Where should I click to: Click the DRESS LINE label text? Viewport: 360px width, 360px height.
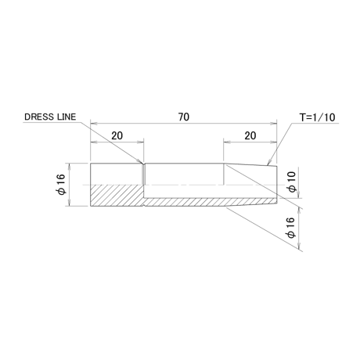50,117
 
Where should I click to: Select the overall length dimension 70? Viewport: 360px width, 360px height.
184,117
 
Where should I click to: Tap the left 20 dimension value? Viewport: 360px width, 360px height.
117,135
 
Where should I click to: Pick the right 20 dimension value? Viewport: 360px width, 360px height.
250,135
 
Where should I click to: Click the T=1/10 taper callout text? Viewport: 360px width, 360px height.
317,117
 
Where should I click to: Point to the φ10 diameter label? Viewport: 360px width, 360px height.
292,182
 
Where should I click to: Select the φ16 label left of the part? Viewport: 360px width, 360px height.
60,184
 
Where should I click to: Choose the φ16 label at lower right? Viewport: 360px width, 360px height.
290,227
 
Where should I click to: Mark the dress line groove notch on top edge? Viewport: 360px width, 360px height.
143,164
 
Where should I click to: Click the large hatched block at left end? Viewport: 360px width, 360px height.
117,196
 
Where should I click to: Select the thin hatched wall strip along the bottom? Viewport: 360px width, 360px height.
210,202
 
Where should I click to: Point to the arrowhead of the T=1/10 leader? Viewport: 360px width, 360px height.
268,164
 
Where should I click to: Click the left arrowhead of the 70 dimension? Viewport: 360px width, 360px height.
93,123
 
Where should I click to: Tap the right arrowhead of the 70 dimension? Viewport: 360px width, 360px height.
274,123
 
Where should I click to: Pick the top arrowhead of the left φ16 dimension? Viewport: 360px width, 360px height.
69,166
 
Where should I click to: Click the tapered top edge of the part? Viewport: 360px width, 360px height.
250,165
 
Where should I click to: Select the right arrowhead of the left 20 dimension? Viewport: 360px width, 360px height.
141,142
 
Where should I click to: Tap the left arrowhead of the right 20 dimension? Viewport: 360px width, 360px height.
227,142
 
